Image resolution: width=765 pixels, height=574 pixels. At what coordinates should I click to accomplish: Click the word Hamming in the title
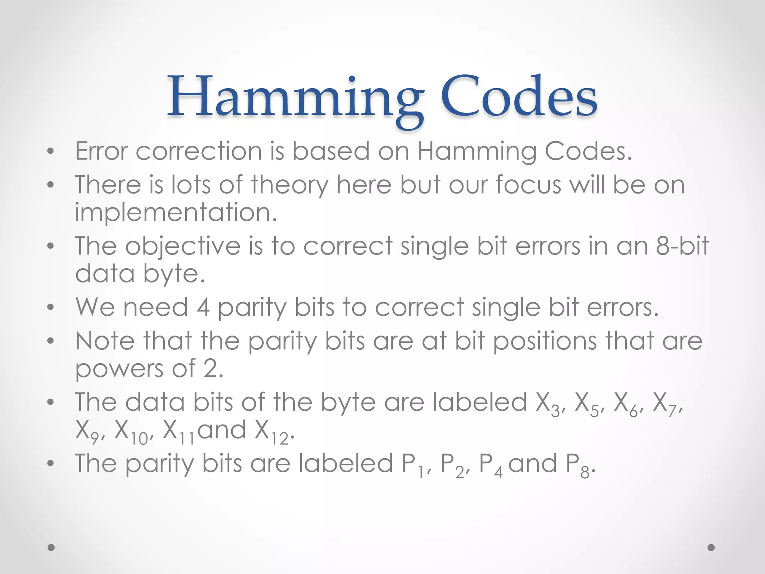coord(295,98)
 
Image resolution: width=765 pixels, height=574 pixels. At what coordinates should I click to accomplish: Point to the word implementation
coord(176,212)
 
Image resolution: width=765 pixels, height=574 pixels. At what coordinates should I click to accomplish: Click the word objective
coord(183,247)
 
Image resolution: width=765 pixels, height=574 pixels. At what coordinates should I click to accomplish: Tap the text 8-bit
coord(682,246)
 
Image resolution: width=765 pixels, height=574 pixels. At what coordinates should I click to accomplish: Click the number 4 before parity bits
coord(203,308)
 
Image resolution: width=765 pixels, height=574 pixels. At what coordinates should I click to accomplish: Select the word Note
coord(105,341)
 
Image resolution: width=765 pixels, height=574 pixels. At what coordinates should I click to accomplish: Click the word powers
coord(119,369)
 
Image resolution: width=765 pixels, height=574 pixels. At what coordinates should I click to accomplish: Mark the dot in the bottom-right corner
coord(711,547)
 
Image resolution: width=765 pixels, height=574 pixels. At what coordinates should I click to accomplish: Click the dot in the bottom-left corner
coord(51,547)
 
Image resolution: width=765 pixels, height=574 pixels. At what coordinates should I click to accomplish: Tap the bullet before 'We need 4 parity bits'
coord(51,308)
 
